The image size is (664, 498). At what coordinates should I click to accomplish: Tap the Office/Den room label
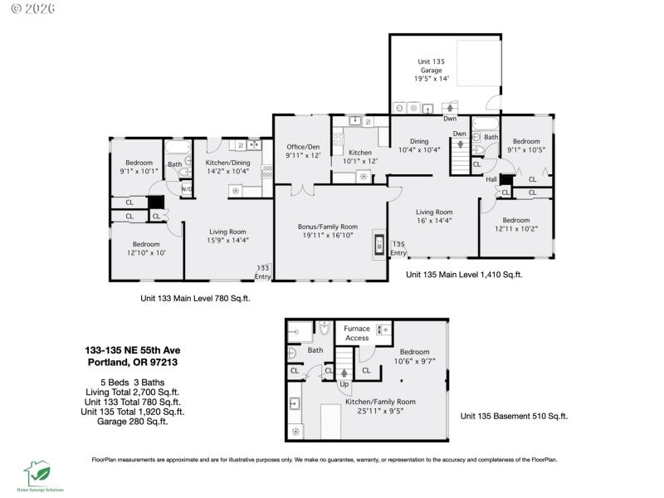pyautogui.click(x=303, y=150)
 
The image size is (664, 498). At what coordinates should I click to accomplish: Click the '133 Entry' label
pyautogui.click(x=263, y=271)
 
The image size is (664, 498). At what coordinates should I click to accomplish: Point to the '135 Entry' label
pyautogui.click(x=398, y=248)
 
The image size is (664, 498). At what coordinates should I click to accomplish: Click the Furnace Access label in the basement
pyautogui.click(x=357, y=333)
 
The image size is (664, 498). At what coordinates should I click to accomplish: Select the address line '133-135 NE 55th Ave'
pyautogui.click(x=132, y=350)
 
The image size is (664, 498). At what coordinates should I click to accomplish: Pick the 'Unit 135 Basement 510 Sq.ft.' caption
pyautogui.click(x=514, y=416)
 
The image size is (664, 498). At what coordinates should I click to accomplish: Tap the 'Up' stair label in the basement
pyautogui.click(x=343, y=385)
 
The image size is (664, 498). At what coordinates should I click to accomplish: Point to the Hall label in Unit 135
pyautogui.click(x=491, y=178)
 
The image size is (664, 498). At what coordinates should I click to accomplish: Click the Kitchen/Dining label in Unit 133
pyautogui.click(x=229, y=167)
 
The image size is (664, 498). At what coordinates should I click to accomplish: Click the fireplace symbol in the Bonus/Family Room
pyautogui.click(x=379, y=244)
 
